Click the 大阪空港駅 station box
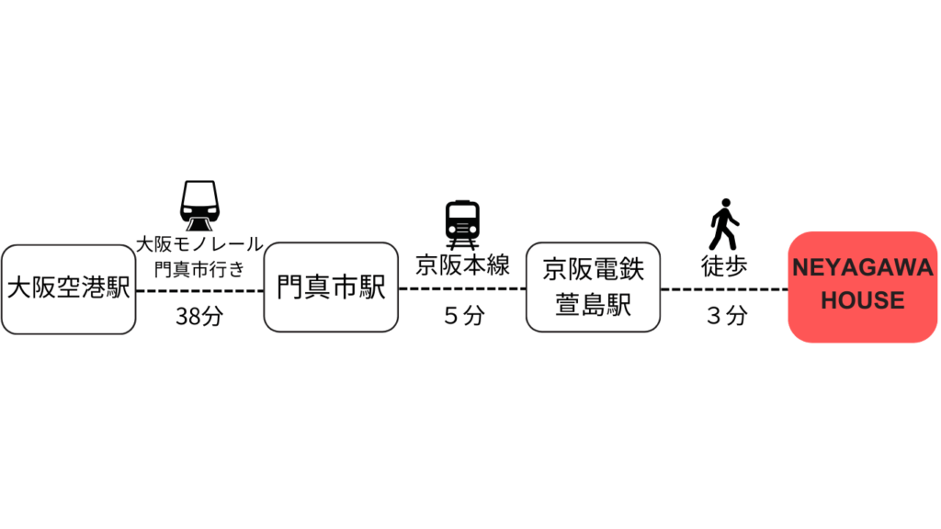click(x=68, y=289)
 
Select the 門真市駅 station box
click(x=331, y=287)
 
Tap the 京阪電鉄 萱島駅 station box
click(x=593, y=287)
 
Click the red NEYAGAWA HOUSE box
click(x=862, y=287)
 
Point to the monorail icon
click(x=199, y=206)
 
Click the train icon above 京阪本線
click(x=462, y=225)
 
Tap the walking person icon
click(x=724, y=224)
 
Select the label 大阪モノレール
click(x=199, y=244)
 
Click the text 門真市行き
click(x=199, y=269)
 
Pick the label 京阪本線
click(x=463, y=265)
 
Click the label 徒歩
click(x=724, y=266)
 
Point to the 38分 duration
click(x=199, y=316)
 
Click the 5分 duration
click(x=464, y=316)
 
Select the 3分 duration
click(x=727, y=316)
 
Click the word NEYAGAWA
click(x=862, y=268)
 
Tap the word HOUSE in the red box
click(x=862, y=300)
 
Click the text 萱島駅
click(x=593, y=305)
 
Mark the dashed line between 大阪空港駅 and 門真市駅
click(x=199, y=291)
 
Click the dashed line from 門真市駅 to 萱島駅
click(x=462, y=288)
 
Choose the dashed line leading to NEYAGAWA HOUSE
click(x=724, y=289)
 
